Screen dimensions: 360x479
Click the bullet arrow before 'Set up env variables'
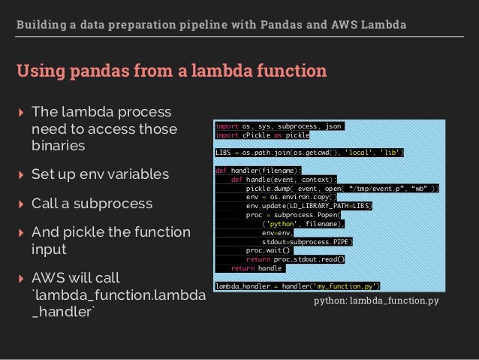[x=20, y=175]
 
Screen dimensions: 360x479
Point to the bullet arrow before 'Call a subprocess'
[x=20, y=204]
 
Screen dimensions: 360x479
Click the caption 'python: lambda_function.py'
[x=375, y=301]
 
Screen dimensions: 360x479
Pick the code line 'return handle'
[x=256, y=268]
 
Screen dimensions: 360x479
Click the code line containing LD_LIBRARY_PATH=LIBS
[x=309, y=206]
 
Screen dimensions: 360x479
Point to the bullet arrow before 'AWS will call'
[x=20, y=277]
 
